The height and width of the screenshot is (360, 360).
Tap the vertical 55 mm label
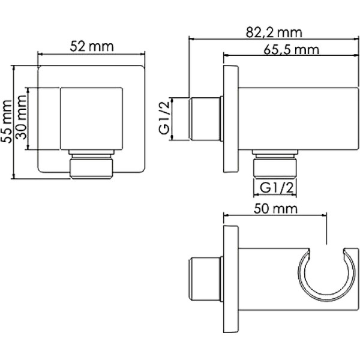pyautogui.click(x=7, y=121)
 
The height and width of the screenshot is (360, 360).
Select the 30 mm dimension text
pyautogui.click(x=22, y=119)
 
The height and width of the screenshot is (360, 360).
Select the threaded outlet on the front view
pyautogui.click(x=91, y=166)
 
